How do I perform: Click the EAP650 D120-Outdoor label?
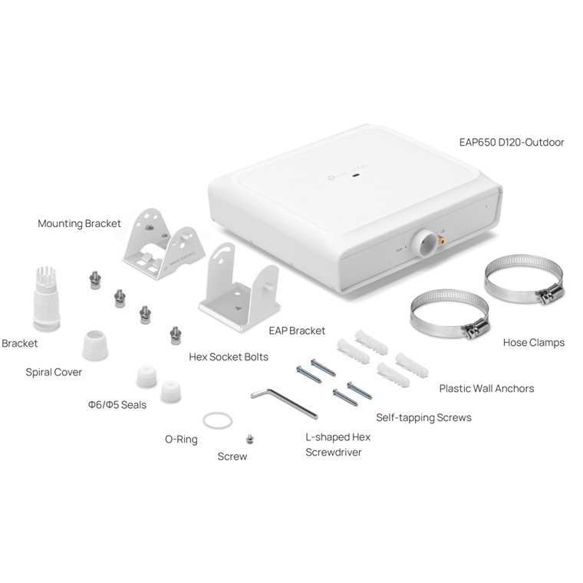[x=512, y=142]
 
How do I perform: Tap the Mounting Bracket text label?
[x=79, y=223]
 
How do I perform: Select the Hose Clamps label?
[x=534, y=342]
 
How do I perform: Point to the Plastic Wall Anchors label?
[x=486, y=389]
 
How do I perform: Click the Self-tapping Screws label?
[x=423, y=417]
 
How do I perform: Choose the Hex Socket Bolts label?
[x=229, y=357]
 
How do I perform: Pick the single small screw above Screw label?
[x=250, y=439]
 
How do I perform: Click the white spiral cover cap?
[x=95, y=344]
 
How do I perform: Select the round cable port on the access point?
[x=424, y=243]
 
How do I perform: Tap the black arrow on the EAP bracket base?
[x=239, y=308]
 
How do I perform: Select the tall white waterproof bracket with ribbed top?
[x=47, y=298]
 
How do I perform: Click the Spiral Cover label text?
[x=54, y=372]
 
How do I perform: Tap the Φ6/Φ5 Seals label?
[x=117, y=404]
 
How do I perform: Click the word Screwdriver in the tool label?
[x=334, y=452]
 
